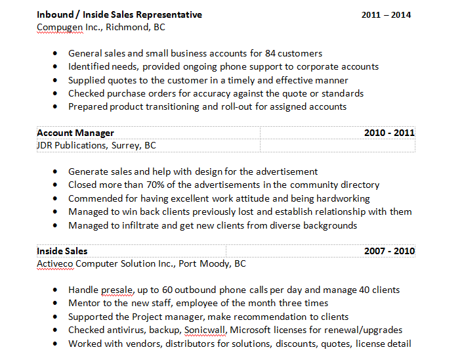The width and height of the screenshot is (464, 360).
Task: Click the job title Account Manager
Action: (x=75, y=133)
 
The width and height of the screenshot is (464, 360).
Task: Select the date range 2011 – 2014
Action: (x=386, y=14)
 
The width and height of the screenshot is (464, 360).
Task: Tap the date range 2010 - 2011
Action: (x=389, y=133)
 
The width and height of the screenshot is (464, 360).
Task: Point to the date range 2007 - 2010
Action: (x=389, y=251)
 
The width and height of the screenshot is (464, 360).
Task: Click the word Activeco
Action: (x=56, y=263)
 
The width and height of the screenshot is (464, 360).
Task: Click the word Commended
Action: (x=95, y=198)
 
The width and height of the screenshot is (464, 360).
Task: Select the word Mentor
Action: (x=83, y=303)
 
